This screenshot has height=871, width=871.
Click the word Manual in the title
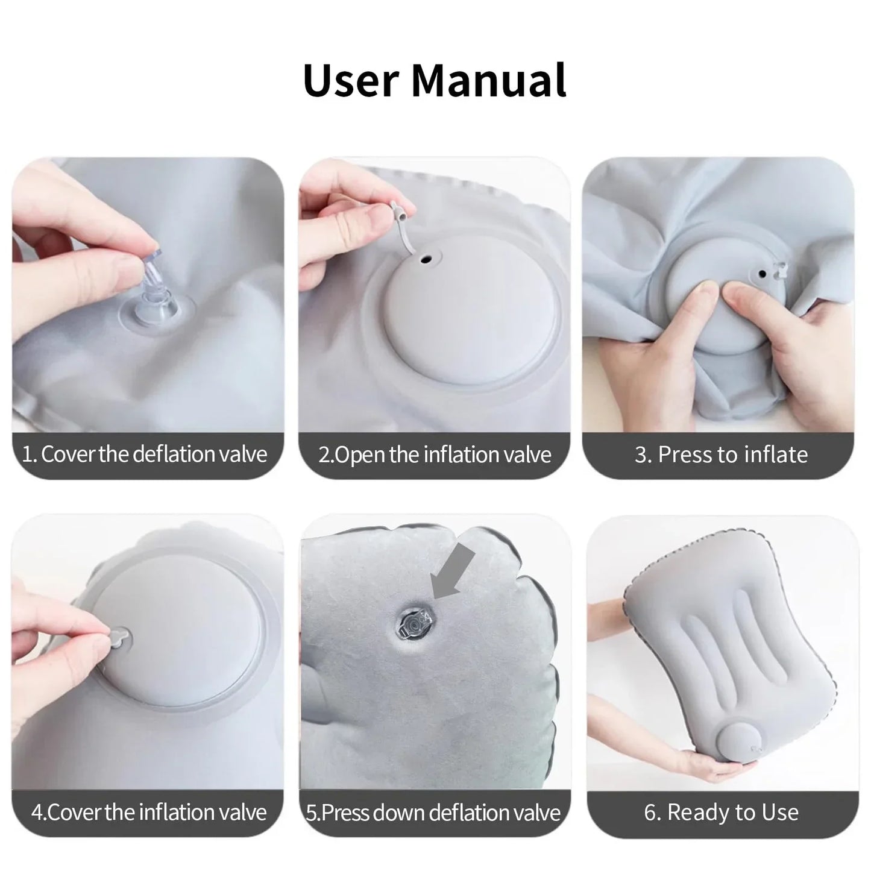tap(489, 80)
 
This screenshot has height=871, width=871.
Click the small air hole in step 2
tap(427, 260)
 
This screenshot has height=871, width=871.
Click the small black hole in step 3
tap(763, 274)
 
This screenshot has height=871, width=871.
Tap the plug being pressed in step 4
tap(120, 637)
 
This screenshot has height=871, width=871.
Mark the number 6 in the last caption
tap(649, 813)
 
